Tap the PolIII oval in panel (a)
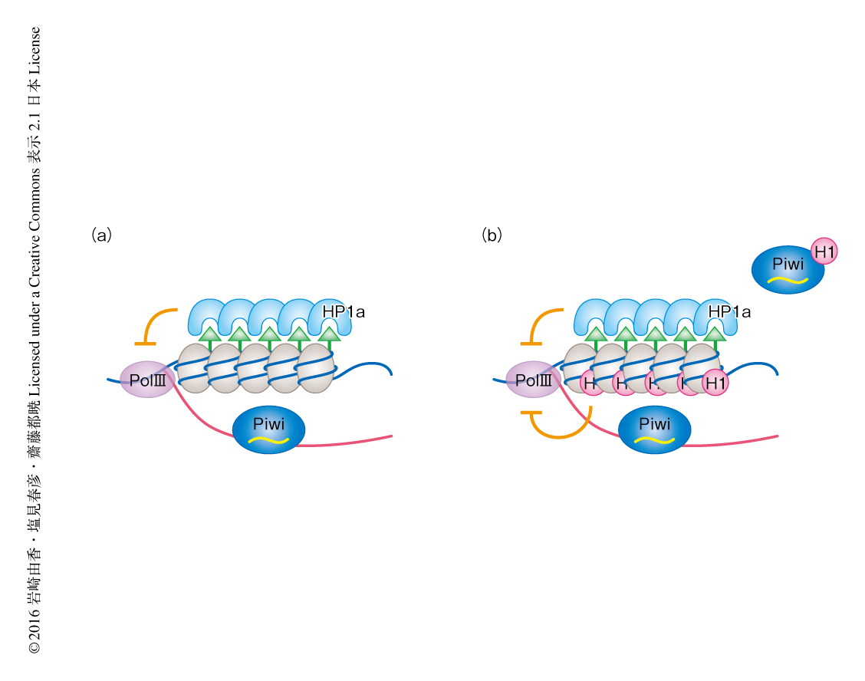(x=146, y=380)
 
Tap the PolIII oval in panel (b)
(x=533, y=380)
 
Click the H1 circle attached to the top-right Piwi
(x=824, y=251)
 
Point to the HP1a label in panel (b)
(x=729, y=312)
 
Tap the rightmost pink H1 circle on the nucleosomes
(x=714, y=383)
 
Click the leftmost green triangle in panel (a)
(x=209, y=334)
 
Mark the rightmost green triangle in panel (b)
(x=715, y=334)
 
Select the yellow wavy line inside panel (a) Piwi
(x=268, y=439)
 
